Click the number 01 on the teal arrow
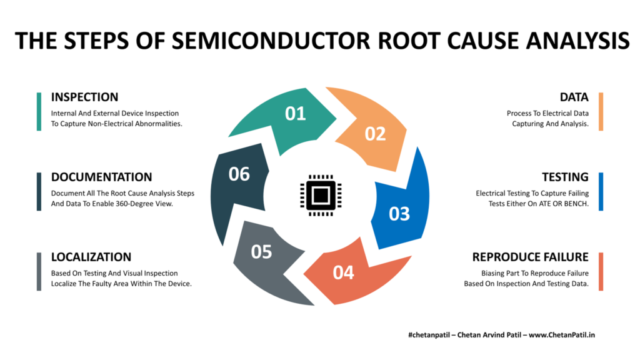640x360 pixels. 295,113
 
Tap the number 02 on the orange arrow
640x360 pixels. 375,134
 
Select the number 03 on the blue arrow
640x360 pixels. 399,214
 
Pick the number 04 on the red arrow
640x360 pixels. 343,272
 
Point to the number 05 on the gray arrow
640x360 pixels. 261,251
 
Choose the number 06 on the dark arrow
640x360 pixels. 239,174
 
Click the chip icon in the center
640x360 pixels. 319,194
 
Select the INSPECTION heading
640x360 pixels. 84,97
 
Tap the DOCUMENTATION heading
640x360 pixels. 101,177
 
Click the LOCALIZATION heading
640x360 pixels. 91,257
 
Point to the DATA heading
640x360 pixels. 574,97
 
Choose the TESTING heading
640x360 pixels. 565,177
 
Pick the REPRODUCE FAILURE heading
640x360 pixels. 530,257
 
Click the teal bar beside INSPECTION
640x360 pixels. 39,111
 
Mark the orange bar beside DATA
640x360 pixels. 601,111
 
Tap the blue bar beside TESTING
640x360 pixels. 601,191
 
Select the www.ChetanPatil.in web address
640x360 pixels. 562,335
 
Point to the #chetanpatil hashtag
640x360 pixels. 431,335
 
